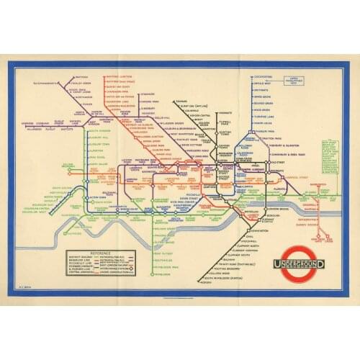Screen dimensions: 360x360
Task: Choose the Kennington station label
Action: click(228, 230)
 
